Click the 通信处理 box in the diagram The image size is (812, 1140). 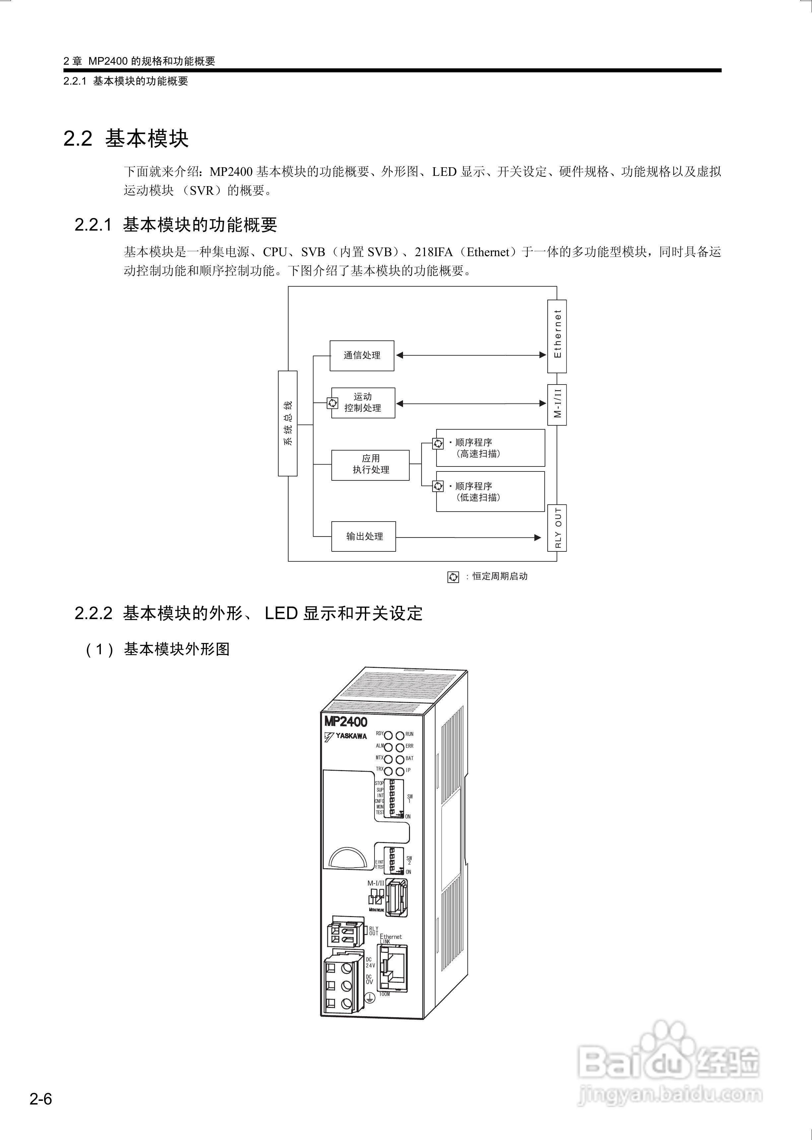(x=362, y=355)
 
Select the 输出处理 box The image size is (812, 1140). (x=364, y=536)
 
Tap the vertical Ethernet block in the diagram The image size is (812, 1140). (x=557, y=336)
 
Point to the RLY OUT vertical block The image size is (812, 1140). (x=557, y=528)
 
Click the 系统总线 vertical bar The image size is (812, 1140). (x=288, y=423)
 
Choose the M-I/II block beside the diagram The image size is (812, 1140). (x=557, y=404)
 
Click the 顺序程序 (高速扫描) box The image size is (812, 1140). (x=490, y=448)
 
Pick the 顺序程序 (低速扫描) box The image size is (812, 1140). (x=490, y=491)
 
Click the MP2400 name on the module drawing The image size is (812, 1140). (x=346, y=722)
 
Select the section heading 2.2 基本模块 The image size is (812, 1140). (x=126, y=138)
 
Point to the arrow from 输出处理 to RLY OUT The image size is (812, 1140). (x=468, y=537)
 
